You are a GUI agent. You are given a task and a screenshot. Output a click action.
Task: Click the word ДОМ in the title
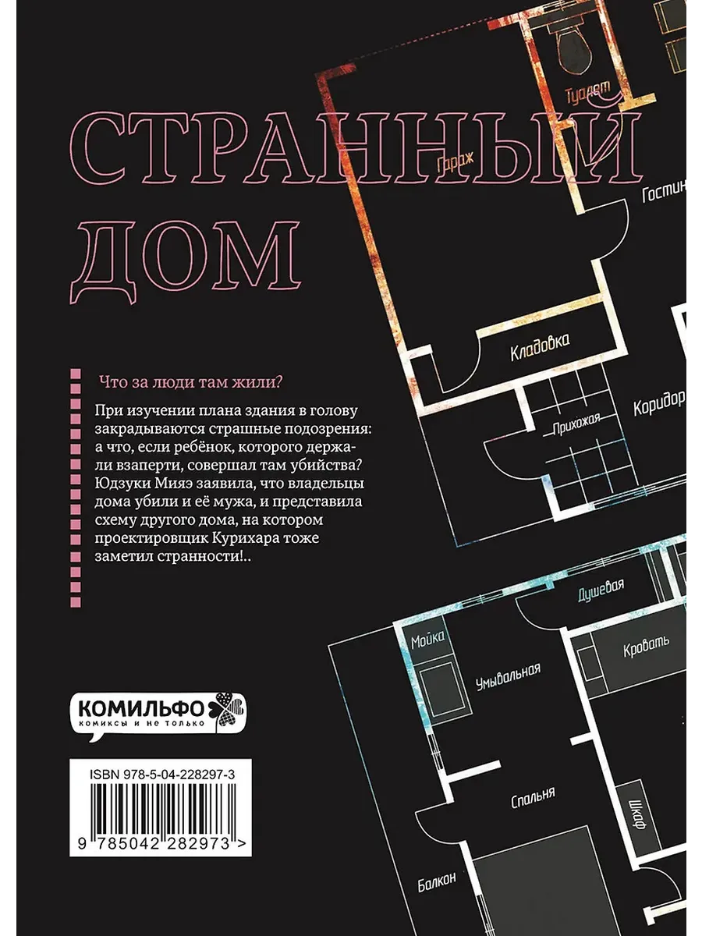(186, 261)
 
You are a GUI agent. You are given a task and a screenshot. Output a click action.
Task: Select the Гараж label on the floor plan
(456, 161)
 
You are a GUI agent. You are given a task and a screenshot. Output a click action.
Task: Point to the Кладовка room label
(540, 347)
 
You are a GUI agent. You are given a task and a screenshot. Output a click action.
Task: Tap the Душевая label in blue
(601, 590)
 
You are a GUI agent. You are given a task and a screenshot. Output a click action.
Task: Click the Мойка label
(427, 639)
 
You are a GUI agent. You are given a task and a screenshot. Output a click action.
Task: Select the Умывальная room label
(508, 676)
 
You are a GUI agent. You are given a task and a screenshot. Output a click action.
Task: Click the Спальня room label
(533, 798)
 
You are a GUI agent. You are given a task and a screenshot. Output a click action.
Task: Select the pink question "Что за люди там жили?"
(190, 381)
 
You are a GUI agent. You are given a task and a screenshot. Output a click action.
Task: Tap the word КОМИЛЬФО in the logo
(141, 709)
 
